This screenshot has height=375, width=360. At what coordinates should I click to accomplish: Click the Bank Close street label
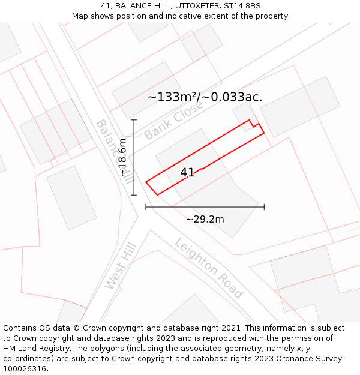pos(173,119)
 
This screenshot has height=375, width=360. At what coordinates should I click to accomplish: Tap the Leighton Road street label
pos(209,268)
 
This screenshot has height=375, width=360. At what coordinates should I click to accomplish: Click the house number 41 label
pos(187,173)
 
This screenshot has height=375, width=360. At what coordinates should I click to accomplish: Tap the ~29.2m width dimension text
pos(205,219)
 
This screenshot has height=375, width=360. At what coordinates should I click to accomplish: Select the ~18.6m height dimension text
pos(122,157)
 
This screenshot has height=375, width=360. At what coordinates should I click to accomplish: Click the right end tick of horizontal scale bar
pos(264,207)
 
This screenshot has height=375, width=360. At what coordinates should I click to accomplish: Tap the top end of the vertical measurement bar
pos(134,120)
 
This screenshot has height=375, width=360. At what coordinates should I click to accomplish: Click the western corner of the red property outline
pos(146,182)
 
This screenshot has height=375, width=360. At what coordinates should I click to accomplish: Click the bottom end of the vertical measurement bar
pos(134,195)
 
